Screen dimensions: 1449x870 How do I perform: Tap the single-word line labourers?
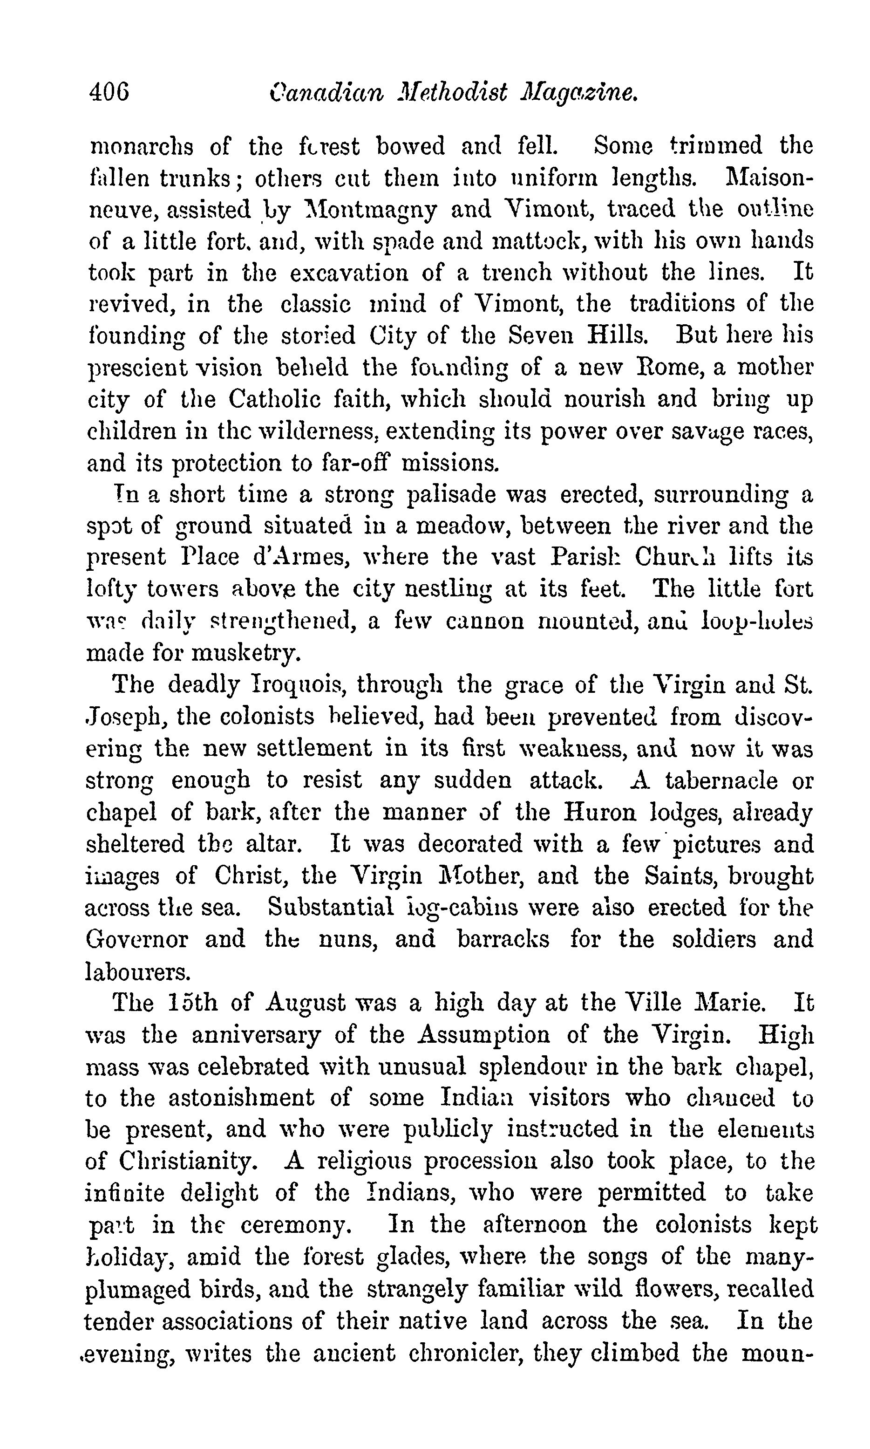click(x=138, y=971)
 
